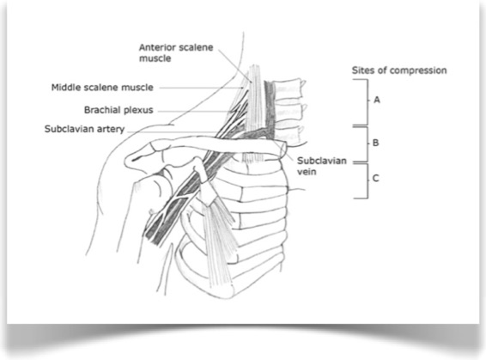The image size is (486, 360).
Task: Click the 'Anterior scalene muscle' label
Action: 176,52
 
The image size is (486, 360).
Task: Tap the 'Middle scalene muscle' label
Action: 102,88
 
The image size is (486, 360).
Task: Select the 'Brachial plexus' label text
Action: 118,110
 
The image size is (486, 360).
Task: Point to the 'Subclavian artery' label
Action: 85,129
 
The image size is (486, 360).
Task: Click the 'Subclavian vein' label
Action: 322,166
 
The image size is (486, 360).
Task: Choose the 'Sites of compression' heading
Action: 399,70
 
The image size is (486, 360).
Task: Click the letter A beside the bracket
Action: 377,100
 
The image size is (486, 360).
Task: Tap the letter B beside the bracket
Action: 375,143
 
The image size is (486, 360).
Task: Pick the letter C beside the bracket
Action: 375,179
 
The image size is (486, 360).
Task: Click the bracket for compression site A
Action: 368,102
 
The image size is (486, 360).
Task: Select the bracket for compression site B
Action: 368,144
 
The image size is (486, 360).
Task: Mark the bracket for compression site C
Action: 368,180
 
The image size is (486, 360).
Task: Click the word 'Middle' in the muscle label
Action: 63,88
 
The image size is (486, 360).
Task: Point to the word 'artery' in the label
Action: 111,130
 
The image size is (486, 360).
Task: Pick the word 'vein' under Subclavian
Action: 307,171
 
